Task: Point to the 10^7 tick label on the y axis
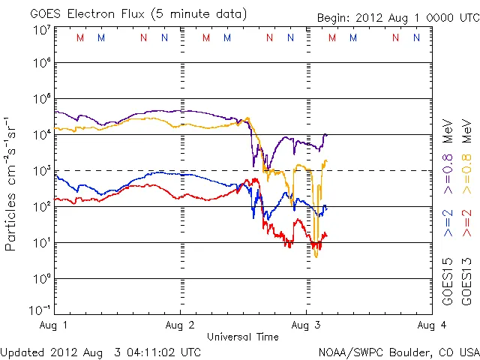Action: coord(41,30)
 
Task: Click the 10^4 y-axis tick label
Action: coord(41,134)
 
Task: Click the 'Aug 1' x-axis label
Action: coord(55,325)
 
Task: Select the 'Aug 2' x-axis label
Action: coord(180,325)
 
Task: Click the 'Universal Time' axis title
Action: coord(243,337)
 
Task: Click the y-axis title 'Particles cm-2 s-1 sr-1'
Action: coord(11,184)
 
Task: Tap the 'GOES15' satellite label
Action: coord(448,281)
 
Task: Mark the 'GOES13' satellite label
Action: coord(466,281)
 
